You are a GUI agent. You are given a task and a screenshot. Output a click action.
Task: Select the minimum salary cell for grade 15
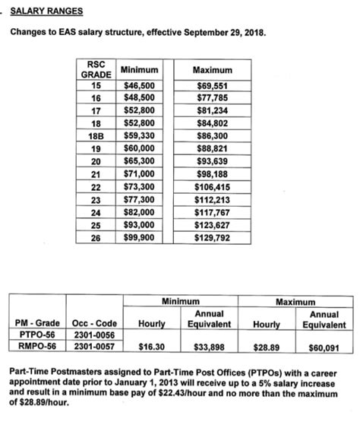pos(139,86)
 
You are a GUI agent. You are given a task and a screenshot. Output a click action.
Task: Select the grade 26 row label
pos(96,237)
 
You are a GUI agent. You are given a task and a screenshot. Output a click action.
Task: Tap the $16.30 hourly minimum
pos(151,347)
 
